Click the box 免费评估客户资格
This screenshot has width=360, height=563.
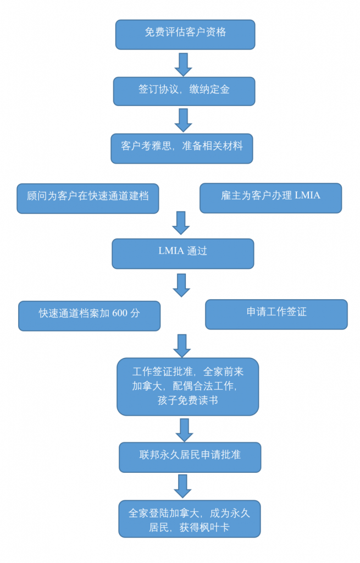click(185, 34)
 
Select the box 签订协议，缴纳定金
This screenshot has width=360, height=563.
click(184, 91)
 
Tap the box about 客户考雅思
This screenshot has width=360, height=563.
click(181, 148)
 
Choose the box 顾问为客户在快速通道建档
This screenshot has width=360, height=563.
click(88, 198)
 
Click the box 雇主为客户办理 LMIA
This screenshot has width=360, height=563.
click(270, 197)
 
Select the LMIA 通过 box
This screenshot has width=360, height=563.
click(182, 253)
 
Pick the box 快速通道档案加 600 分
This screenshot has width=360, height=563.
click(89, 316)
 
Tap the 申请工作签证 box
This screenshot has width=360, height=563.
click(276, 314)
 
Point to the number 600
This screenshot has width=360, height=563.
click(120, 313)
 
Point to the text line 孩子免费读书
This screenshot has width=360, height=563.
click(187, 401)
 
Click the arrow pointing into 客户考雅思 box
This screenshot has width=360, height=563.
click(183, 119)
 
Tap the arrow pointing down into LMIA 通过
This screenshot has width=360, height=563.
click(181, 223)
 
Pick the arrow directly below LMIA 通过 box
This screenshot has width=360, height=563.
click(182, 285)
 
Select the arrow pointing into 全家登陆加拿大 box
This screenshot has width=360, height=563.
click(183, 485)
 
